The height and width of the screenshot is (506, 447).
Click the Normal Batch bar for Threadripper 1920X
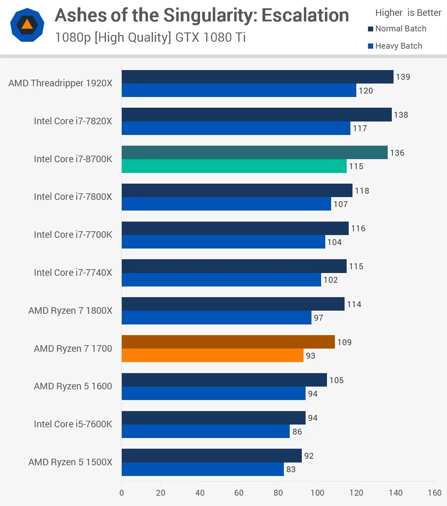[257, 77]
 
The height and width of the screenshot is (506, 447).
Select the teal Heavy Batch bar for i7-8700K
[234, 166]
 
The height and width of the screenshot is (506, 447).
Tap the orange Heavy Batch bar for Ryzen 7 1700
[212, 356]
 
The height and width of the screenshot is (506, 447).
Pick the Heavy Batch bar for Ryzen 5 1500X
[202, 469]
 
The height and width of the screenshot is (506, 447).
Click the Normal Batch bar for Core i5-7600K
[213, 418]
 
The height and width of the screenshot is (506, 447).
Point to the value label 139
[403, 77]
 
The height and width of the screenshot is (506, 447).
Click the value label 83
[291, 469]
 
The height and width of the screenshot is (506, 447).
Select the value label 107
[340, 204]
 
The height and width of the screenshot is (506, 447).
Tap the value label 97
[318, 318]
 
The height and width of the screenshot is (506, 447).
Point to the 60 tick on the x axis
[239, 493]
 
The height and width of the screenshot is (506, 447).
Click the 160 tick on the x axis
[434, 493]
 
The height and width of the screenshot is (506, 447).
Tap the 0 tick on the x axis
[122, 493]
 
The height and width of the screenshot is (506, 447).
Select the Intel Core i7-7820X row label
[73, 121]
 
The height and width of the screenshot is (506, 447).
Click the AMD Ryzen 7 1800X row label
[70, 311]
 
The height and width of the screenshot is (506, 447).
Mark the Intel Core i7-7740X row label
[73, 273]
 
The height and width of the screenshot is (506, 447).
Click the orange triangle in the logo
[27, 25]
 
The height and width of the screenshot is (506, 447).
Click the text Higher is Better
[408, 13]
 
